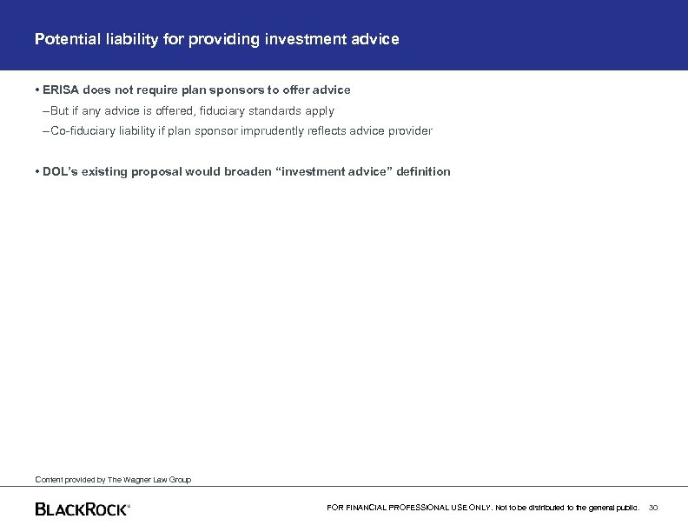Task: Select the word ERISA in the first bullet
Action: tap(61, 90)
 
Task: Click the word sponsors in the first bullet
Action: tap(241, 90)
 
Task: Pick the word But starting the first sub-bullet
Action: tap(60, 111)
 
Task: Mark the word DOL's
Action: tap(59, 172)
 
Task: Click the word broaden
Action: tap(245, 172)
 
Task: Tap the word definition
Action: tap(423, 172)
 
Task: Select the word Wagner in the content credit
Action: tap(138, 479)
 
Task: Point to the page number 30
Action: tap(654, 507)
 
